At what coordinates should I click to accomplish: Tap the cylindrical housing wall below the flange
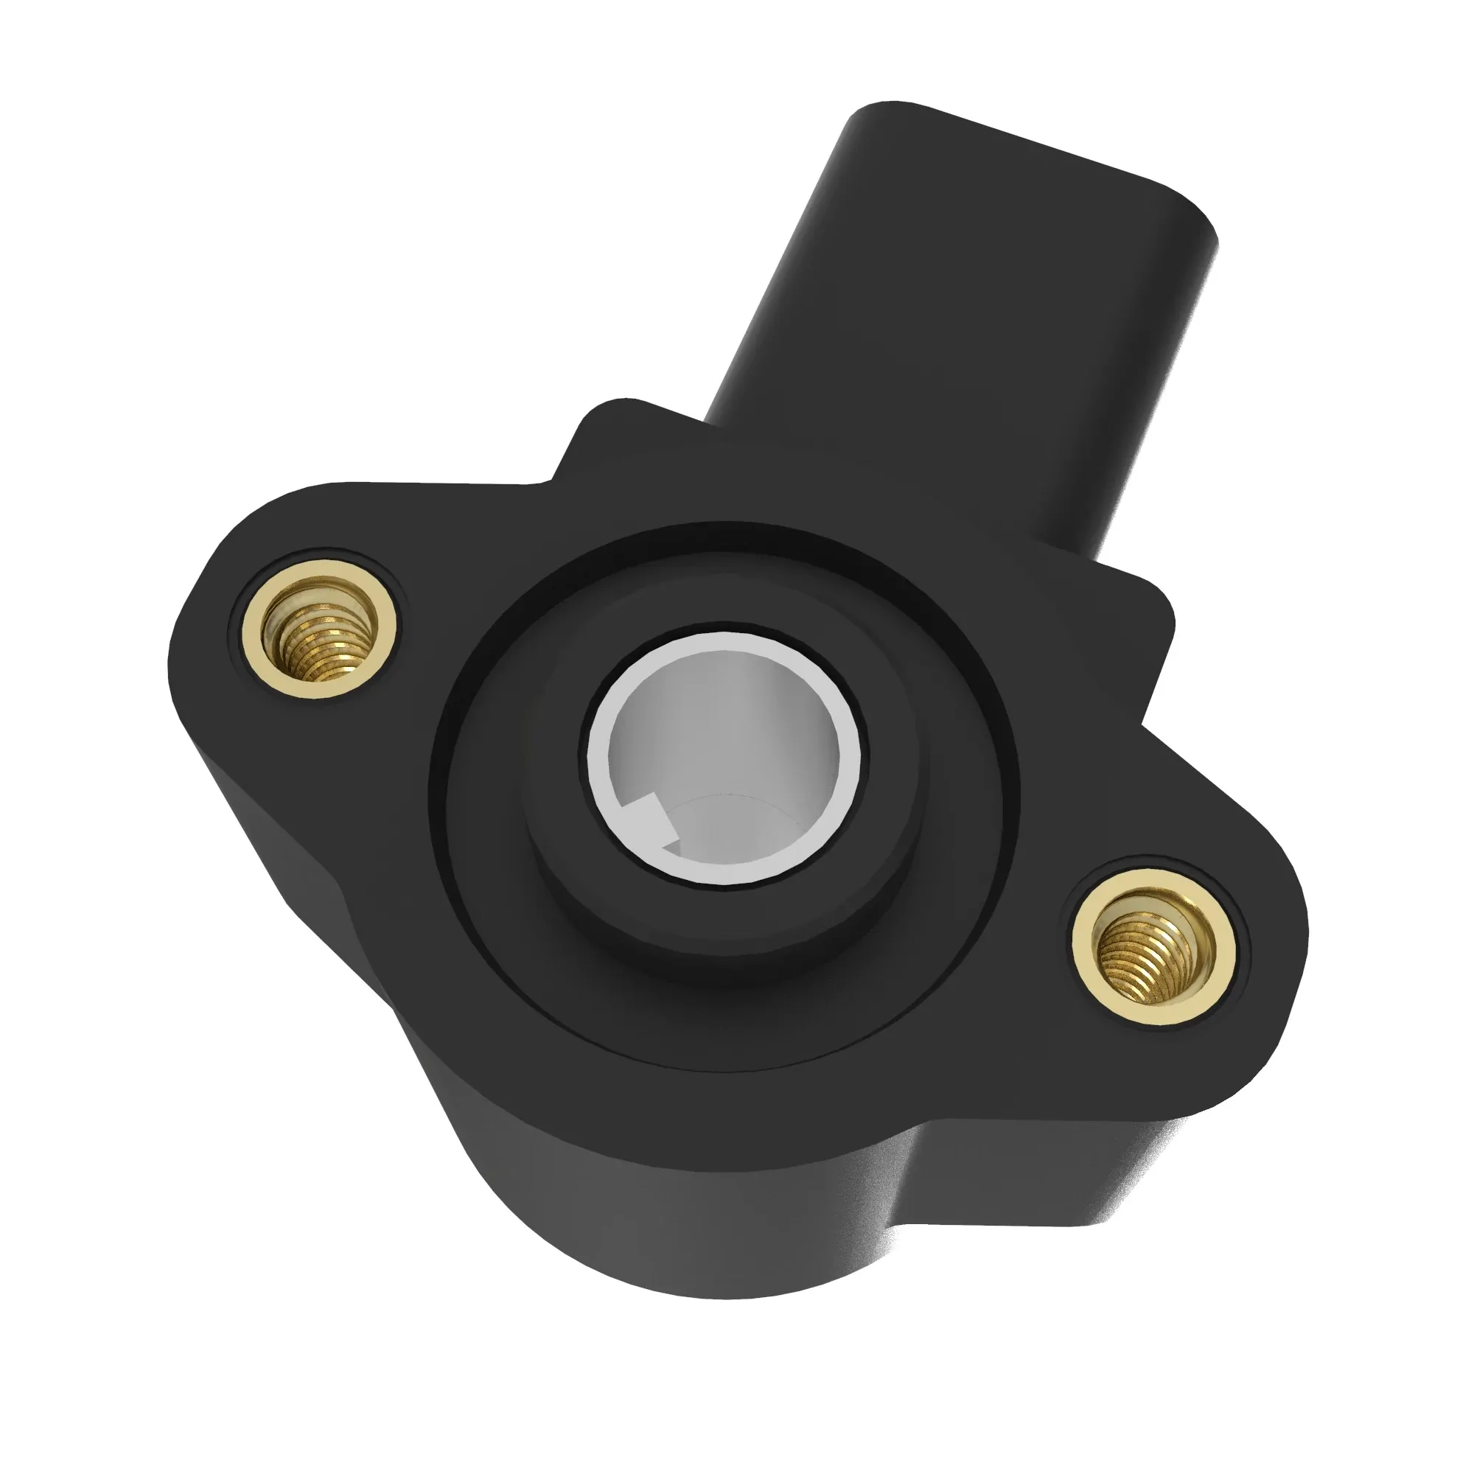(649, 1190)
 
